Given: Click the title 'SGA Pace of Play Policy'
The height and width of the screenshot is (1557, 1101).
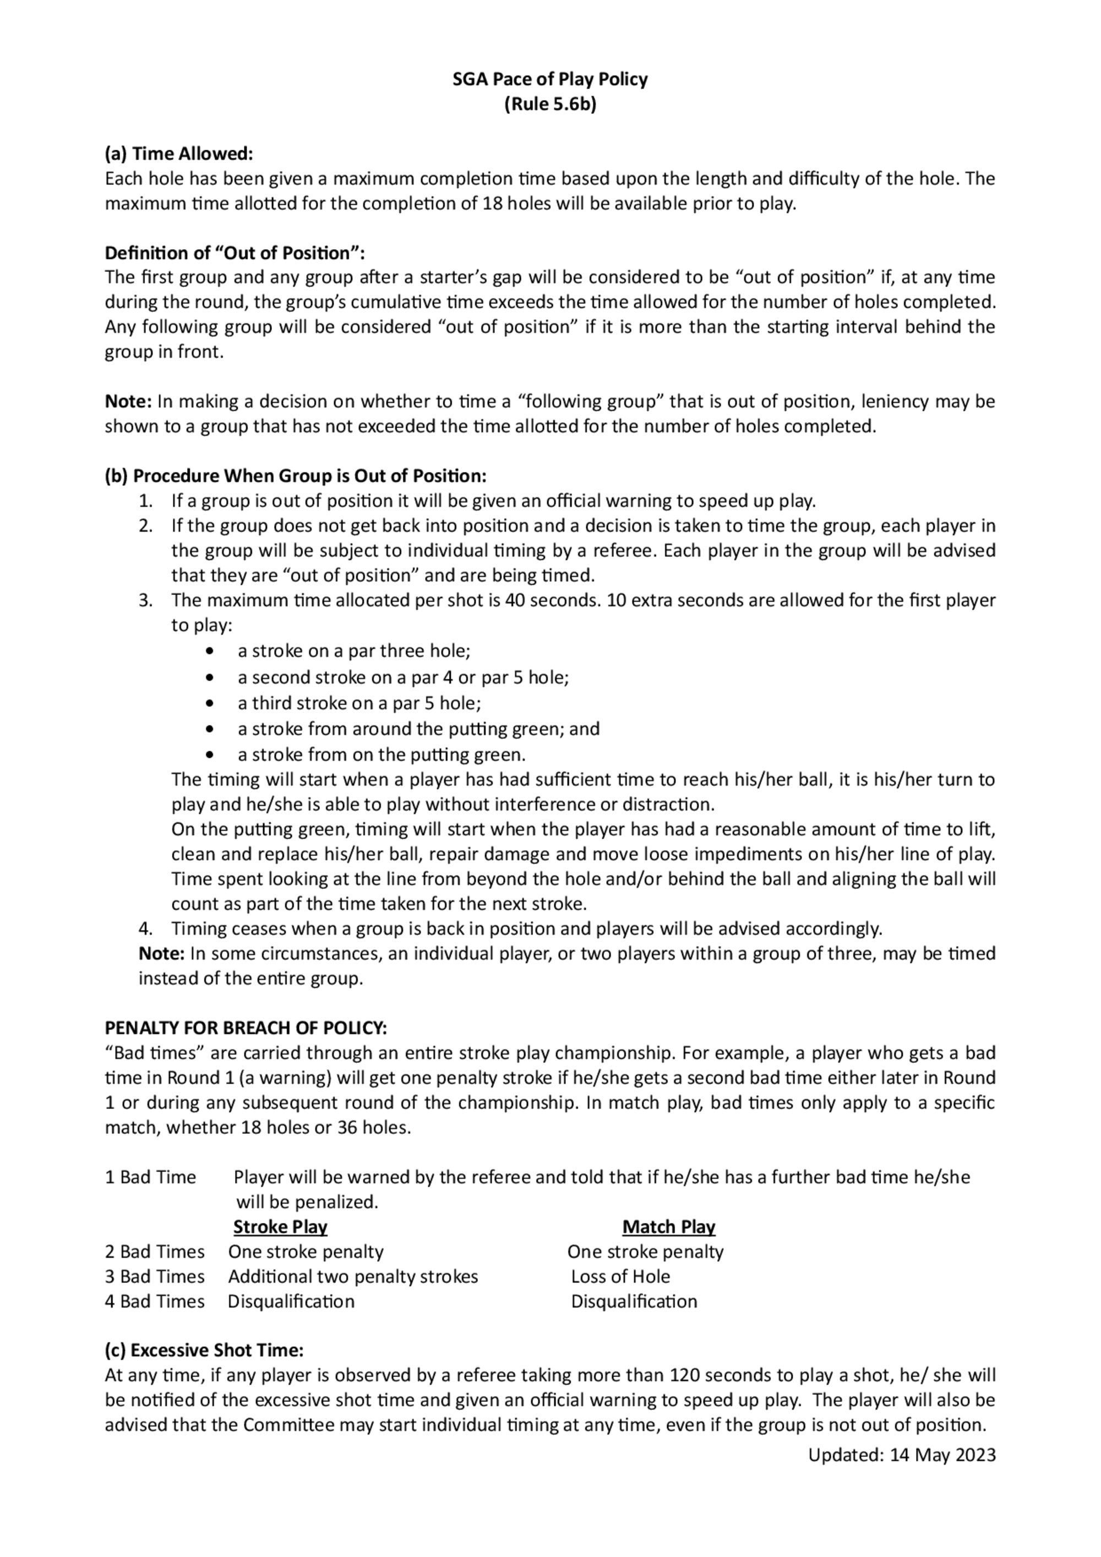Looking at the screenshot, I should [549, 79].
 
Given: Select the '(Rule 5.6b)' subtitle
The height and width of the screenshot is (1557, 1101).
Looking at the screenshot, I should [549, 105].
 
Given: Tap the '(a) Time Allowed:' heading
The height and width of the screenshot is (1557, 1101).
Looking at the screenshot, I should [178, 154].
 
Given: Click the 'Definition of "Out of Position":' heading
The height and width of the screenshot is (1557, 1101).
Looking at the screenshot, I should [235, 253].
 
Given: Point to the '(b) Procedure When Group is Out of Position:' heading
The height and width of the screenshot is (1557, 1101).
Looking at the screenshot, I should [295, 476].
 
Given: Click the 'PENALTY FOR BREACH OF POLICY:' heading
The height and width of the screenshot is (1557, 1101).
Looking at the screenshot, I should [246, 1028].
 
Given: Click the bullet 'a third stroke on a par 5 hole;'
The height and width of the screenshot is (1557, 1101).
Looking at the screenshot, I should [359, 703].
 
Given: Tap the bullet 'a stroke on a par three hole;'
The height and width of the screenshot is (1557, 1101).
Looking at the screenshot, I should [353, 651].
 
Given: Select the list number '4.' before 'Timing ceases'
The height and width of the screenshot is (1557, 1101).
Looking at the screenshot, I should [145, 928].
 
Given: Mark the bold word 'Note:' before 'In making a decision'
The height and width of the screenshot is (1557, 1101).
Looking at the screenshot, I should [128, 401].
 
